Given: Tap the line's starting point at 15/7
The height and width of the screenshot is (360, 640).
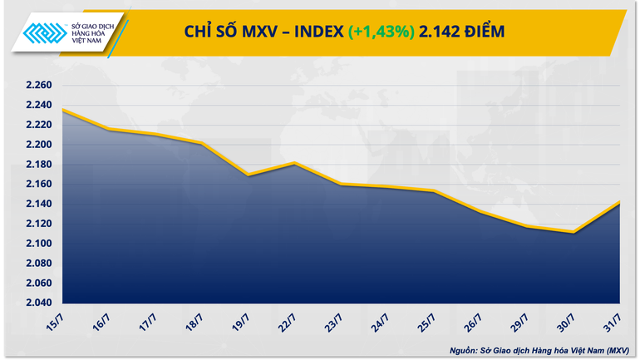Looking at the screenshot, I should [62, 110].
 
